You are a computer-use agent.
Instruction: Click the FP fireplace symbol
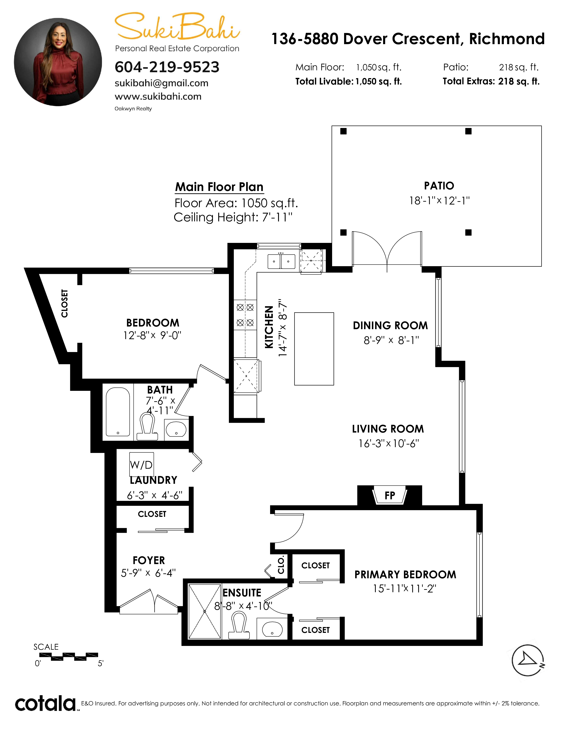coord(390,495)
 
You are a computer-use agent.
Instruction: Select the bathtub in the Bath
coord(118,412)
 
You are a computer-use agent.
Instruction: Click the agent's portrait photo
coord(58,62)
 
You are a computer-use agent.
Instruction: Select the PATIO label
coord(439,186)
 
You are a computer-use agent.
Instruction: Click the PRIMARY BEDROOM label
coord(405,575)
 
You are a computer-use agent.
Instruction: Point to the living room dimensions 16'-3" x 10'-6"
coord(389,443)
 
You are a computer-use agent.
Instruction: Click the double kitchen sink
coord(281,262)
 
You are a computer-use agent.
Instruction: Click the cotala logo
coord(45,703)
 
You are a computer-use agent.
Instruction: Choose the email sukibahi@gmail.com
coord(161,83)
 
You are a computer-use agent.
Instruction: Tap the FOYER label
coord(149,560)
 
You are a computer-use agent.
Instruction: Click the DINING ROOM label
coord(390,325)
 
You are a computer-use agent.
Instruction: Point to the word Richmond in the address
coord(507,39)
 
